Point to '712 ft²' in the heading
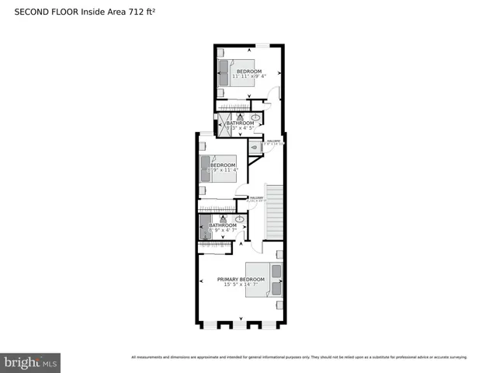[x=145, y=12]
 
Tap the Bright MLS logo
[x=31, y=362]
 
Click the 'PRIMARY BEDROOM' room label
[x=241, y=280]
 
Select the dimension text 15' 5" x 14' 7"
[x=241, y=285]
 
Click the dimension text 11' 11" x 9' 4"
[x=248, y=76]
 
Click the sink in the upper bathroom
[x=255, y=118]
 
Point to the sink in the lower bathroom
[x=240, y=220]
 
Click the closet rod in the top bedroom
[x=233, y=106]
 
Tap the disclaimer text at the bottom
[x=299, y=357]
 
